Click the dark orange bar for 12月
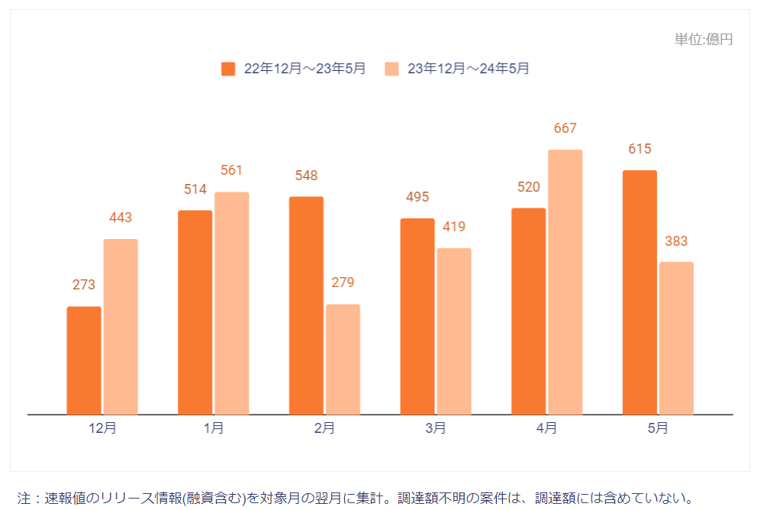[84, 360]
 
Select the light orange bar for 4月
[566, 282]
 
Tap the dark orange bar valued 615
[640, 292]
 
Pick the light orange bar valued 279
[343, 360]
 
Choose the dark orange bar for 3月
[417, 317]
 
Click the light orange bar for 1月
[231, 303]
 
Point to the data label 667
[566, 128]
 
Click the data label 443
[121, 218]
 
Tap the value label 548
[306, 176]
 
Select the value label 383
[676, 241]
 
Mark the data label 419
[454, 227]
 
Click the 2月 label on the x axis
[324, 428]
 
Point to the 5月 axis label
[658, 428]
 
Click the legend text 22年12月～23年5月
[305, 69]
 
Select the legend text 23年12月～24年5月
[468, 69]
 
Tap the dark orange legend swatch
[228, 69]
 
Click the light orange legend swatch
[392, 69]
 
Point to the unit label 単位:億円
[704, 40]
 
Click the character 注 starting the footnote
[24, 499]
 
